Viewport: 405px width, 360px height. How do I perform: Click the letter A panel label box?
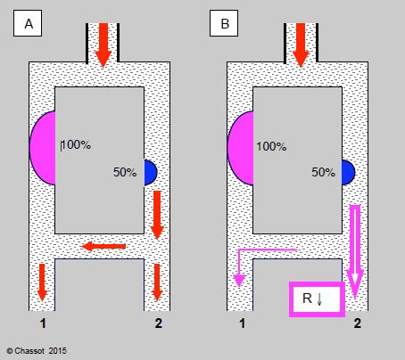click(x=28, y=23)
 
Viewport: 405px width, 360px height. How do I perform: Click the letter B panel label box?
click(x=224, y=23)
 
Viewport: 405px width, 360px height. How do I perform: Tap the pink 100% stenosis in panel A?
click(x=43, y=148)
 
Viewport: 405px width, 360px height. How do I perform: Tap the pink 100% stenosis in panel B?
click(x=241, y=148)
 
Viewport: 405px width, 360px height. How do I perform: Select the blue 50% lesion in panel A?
click(x=151, y=173)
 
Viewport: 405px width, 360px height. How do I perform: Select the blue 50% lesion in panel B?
click(x=348, y=173)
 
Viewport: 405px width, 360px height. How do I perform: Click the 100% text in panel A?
click(x=77, y=144)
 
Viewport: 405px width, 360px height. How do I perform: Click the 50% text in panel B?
click(x=323, y=172)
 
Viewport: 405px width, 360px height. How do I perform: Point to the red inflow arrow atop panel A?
click(x=103, y=45)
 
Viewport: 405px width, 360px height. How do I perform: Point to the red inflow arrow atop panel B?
click(x=301, y=45)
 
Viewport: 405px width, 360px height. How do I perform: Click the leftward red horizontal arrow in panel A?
click(x=103, y=246)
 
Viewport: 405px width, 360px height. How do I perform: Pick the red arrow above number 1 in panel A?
click(x=42, y=282)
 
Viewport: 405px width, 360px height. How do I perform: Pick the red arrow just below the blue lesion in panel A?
click(x=157, y=216)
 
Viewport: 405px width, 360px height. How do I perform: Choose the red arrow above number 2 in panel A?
click(x=157, y=282)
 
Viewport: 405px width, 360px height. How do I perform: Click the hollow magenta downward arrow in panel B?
click(x=355, y=252)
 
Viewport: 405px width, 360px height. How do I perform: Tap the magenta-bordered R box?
click(x=317, y=299)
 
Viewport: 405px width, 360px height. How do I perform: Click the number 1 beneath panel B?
click(x=243, y=323)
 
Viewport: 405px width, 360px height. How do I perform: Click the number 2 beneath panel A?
click(x=159, y=323)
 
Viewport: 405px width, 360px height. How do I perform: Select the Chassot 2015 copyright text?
click(x=37, y=351)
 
